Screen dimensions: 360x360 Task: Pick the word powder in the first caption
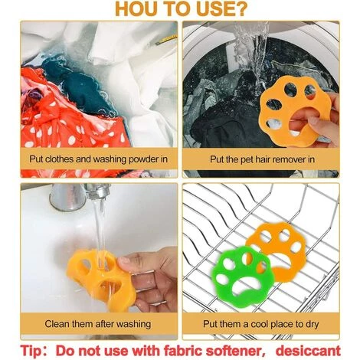click(144, 159)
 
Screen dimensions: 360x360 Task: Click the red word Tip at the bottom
click(31, 351)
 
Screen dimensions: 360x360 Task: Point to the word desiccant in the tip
click(308, 350)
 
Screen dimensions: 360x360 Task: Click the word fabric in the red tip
click(183, 350)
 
